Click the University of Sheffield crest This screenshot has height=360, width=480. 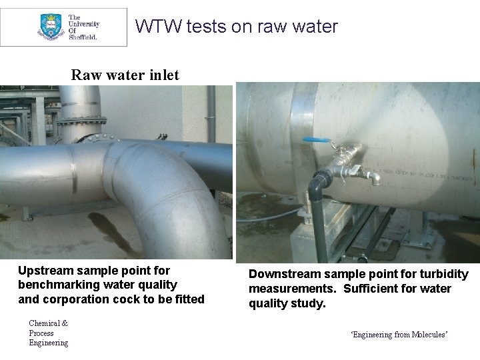pyautogui.click(x=50, y=27)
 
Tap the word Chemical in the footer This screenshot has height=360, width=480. pyautogui.click(x=45, y=323)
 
